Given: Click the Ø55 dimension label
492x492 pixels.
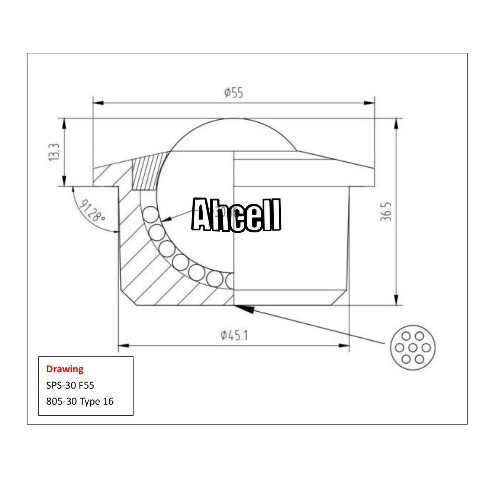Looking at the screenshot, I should pyautogui.click(x=234, y=93).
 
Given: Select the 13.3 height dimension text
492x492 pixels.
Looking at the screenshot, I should pyautogui.click(x=55, y=152).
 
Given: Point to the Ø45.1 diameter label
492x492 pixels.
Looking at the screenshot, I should pyautogui.click(x=234, y=335).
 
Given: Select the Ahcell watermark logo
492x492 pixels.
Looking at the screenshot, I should pyautogui.click(x=236, y=215).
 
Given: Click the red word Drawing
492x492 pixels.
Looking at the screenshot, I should pyautogui.click(x=65, y=369).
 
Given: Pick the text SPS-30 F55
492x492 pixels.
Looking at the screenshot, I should pyautogui.click(x=70, y=385).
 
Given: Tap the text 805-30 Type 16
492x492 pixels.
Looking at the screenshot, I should pyautogui.click(x=80, y=401).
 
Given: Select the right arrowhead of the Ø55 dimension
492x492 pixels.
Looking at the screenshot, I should pyautogui.click(x=370, y=103).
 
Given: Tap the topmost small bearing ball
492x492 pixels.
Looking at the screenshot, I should pyautogui.click(x=149, y=215).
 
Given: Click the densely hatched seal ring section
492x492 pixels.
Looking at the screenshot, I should pyautogui.click(x=146, y=171).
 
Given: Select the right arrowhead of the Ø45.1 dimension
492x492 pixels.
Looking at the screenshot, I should pyautogui.click(x=344, y=345).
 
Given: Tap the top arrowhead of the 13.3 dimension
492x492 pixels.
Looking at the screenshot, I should pyautogui.click(x=65, y=123).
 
